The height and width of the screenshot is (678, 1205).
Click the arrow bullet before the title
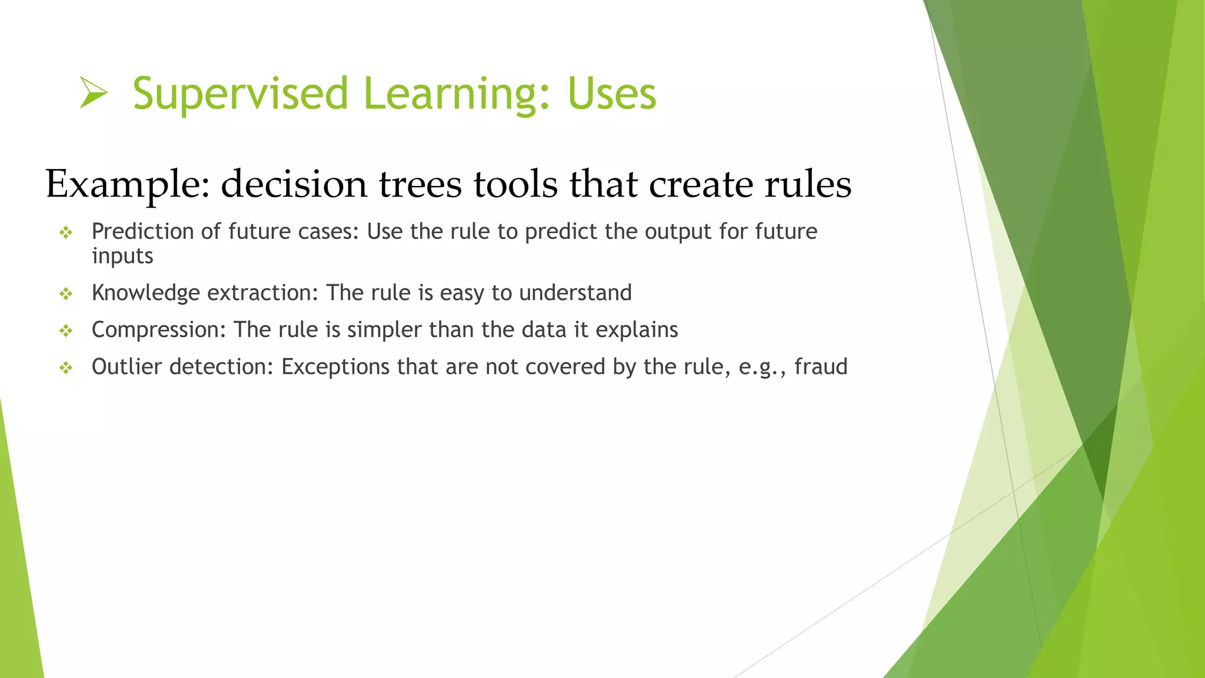click(94, 94)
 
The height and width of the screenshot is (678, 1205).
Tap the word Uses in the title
click(611, 94)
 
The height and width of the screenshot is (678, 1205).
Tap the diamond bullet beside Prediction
click(66, 233)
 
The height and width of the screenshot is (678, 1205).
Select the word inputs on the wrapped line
click(122, 257)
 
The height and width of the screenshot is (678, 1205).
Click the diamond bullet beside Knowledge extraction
click(66, 294)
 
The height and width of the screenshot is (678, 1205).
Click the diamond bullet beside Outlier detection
click(66, 368)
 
